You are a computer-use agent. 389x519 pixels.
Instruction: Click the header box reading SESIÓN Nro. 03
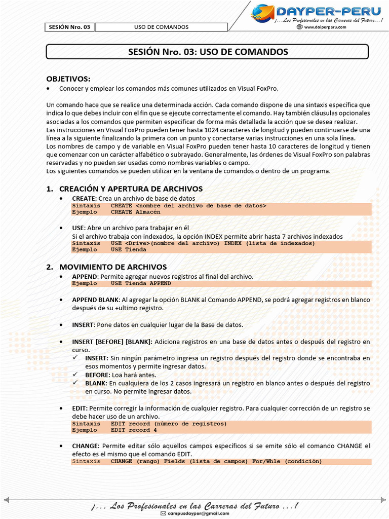tap(70, 27)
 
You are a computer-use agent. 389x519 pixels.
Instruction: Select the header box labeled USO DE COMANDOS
tap(161, 27)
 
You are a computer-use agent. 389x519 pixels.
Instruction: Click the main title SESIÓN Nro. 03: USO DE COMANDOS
tap(208, 52)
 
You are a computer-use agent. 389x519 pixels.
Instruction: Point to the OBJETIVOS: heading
tap(68, 79)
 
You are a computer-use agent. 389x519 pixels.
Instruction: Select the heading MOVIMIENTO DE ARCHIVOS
tap(113, 267)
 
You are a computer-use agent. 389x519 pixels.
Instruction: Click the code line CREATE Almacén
tap(135, 212)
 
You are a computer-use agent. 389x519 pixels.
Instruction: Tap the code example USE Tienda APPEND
tap(141, 283)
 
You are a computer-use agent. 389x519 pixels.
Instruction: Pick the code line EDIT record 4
tap(134, 430)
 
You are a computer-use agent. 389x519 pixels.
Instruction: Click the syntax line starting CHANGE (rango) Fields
tap(216, 461)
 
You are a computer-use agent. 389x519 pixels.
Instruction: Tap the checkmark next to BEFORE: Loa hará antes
tap(75, 375)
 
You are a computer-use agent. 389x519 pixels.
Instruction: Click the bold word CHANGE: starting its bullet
tap(86, 446)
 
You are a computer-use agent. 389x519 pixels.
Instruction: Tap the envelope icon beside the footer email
tap(163, 513)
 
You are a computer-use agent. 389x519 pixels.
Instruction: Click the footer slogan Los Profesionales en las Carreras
tap(195, 505)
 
